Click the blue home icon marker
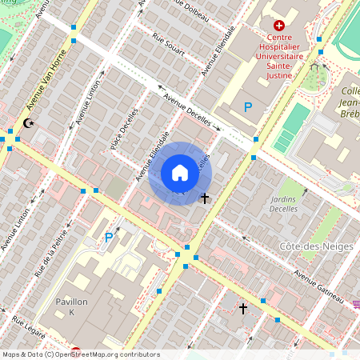180,173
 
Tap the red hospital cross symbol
279,26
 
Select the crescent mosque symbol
30,123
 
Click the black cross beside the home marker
205,197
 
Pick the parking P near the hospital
248,106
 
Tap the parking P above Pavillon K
109,237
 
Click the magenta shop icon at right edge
356,303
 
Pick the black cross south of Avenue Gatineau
243,306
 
